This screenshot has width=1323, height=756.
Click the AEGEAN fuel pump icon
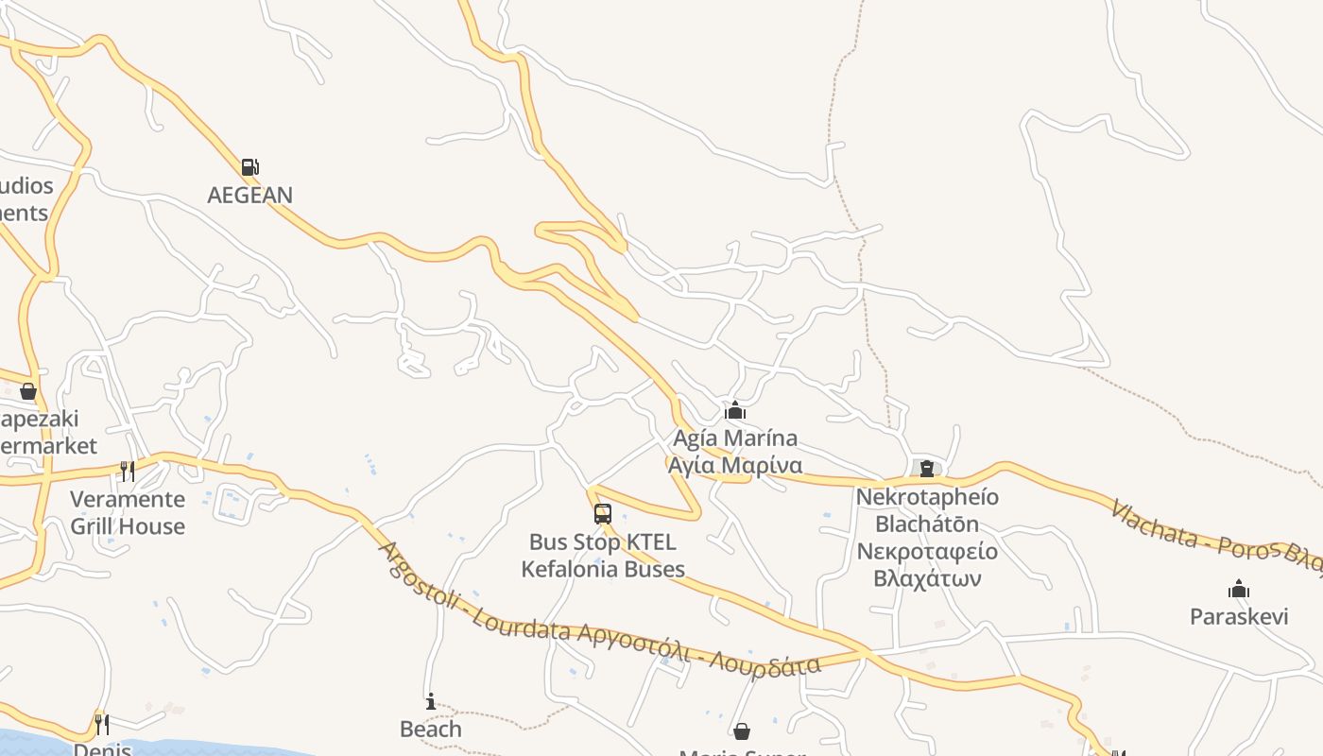[x=249, y=167]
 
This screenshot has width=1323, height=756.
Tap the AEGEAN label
[x=250, y=196]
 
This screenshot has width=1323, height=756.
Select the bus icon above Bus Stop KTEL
[x=603, y=514]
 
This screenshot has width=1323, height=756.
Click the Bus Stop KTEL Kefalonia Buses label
[x=603, y=556]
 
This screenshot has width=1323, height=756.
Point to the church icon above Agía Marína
[x=735, y=411]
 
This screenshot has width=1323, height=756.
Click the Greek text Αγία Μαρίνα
[x=735, y=466]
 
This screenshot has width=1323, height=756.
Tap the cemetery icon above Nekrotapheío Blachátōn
[x=926, y=468]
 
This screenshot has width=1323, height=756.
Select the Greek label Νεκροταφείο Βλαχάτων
[x=927, y=564]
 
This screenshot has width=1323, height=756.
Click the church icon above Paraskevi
[x=1239, y=590]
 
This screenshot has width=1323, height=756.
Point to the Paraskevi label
[x=1239, y=617]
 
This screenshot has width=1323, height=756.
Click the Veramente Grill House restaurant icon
[x=128, y=471]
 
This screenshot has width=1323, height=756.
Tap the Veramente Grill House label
[x=128, y=512]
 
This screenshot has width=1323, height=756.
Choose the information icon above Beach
[x=431, y=701]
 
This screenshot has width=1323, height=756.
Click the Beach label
[x=431, y=730]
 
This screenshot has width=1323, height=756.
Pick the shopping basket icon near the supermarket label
[x=28, y=391]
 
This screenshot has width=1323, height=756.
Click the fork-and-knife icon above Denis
[x=101, y=725]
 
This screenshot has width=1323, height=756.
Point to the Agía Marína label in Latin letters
[x=735, y=438]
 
